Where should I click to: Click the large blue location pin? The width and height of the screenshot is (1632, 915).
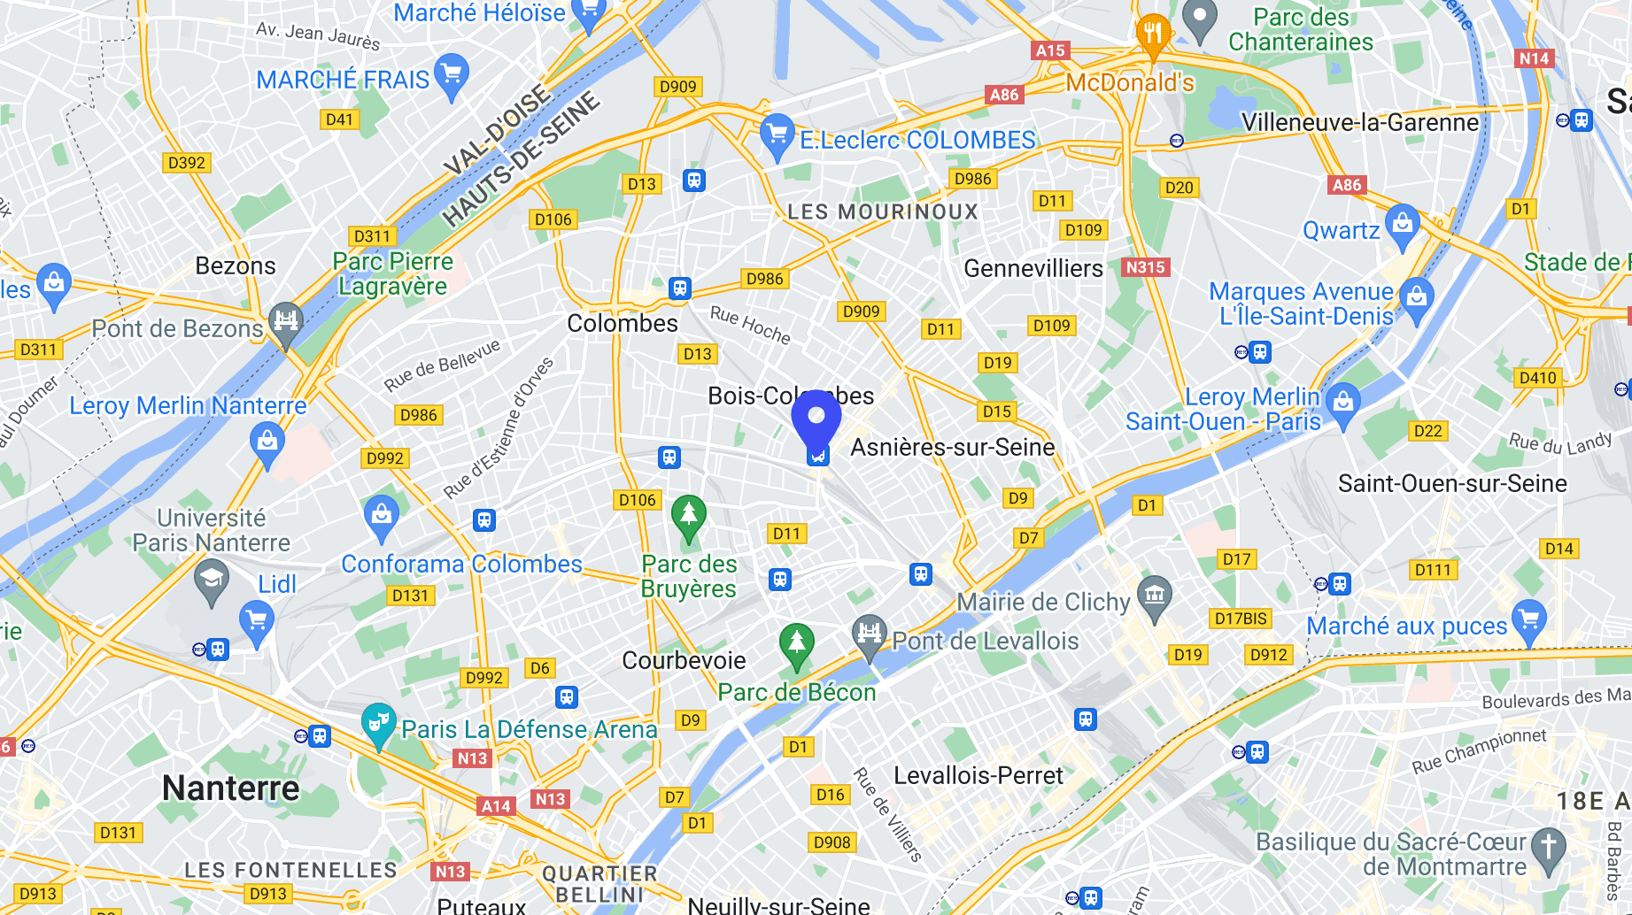pyautogui.click(x=816, y=418)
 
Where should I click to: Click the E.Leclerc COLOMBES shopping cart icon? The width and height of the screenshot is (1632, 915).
pyautogui.click(x=777, y=135)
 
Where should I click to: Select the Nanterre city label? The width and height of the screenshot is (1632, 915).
pyautogui.click(x=231, y=788)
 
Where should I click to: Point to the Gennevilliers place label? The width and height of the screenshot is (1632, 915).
pyautogui.click(x=1033, y=268)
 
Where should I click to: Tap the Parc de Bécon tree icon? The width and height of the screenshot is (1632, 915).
pyautogui.click(x=796, y=642)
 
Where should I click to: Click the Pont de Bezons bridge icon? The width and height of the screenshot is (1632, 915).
pyautogui.click(x=285, y=322)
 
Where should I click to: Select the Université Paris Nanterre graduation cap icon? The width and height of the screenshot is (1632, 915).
pyautogui.click(x=211, y=581)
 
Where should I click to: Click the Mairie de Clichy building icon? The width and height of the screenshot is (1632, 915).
pyautogui.click(x=1154, y=596)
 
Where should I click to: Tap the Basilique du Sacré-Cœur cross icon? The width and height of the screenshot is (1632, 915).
pyautogui.click(x=1548, y=847)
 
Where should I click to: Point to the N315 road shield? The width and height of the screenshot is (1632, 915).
pyautogui.click(x=1145, y=267)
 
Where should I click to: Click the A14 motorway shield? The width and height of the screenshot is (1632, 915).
pyautogui.click(x=496, y=805)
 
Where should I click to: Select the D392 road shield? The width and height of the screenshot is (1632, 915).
pyautogui.click(x=186, y=163)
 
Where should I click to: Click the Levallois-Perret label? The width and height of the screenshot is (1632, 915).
pyautogui.click(x=978, y=775)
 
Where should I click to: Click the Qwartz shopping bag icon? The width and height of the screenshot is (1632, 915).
pyautogui.click(x=1403, y=224)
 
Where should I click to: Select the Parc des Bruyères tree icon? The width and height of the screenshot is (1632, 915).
pyautogui.click(x=688, y=515)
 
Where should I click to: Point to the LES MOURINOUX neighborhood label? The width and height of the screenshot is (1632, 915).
pyautogui.click(x=882, y=212)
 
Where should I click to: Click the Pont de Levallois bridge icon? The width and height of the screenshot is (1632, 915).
pyautogui.click(x=869, y=634)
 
